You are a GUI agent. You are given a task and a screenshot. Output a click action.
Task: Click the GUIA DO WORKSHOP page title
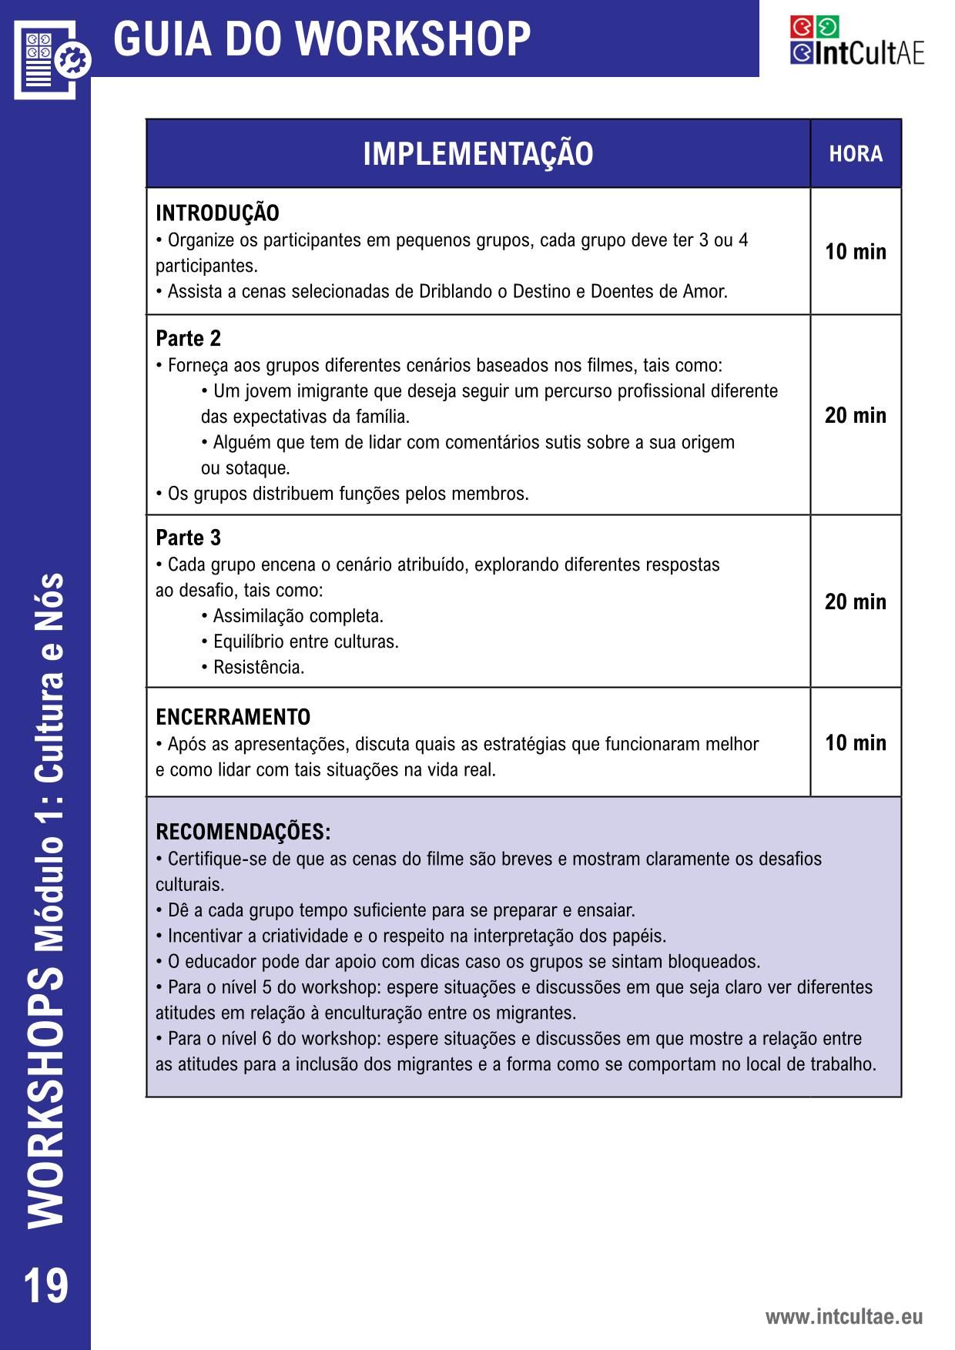click(322, 39)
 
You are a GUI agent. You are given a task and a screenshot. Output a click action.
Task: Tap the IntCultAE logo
click(856, 41)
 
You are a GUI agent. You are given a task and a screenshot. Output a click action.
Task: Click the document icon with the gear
click(52, 59)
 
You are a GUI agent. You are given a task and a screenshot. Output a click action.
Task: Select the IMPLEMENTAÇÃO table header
click(477, 154)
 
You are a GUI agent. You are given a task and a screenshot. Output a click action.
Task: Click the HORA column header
click(856, 154)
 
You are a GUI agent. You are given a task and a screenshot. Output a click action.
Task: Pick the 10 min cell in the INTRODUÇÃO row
click(856, 252)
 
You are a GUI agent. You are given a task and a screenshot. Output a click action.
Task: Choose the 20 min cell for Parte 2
click(856, 416)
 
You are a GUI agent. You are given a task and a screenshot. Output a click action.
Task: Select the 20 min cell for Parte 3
click(856, 601)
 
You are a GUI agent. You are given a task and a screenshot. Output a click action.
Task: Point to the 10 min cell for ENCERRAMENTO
click(856, 743)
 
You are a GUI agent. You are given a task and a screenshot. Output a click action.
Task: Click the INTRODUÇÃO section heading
click(217, 213)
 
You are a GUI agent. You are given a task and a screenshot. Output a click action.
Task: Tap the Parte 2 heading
click(188, 339)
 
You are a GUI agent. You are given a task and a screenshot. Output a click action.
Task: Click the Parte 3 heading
click(188, 538)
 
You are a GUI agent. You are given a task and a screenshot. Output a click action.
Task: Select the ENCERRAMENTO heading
click(233, 717)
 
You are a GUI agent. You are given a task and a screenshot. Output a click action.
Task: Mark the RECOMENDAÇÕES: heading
click(243, 832)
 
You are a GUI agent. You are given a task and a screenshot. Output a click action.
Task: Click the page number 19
click(46, 1287)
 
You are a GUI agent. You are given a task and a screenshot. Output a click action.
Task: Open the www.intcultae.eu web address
click(843, 1317)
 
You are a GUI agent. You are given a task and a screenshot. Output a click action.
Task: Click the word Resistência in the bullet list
click(259, 668)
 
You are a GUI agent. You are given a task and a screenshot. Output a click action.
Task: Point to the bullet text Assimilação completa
click(298, 616)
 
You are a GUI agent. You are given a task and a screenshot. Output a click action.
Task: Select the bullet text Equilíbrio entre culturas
click(306, 642)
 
